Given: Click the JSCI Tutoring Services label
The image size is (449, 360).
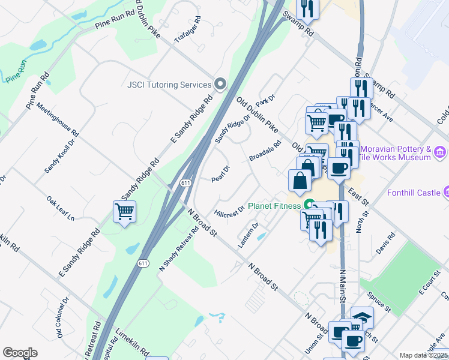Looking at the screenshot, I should click(x=169, y=85).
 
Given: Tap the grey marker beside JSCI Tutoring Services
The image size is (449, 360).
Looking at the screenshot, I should click(x=220, y=85).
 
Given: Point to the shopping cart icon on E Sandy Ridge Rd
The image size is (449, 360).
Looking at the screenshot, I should click(x=124, y=212).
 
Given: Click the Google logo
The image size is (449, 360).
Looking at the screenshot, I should click(x=20, y=352).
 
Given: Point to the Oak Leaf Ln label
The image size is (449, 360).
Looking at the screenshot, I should click(x=60, y=207).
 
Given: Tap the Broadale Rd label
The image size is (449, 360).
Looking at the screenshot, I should click(x=265, y=151).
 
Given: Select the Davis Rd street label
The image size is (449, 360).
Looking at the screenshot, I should click(x=387, y=244).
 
